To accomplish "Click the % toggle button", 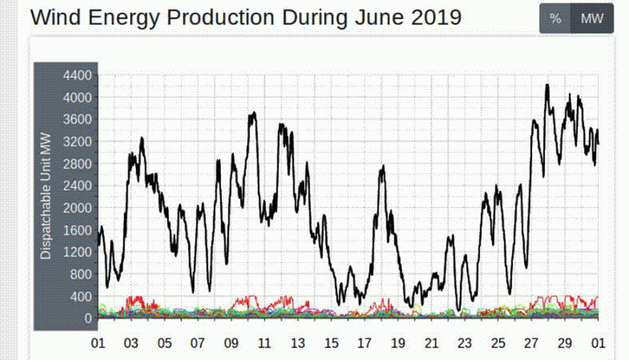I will click(x=555, y=19).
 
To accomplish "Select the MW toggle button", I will click(x=592, y=19).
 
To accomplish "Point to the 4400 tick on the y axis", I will click(x=77, y=75).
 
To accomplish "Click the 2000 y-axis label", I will click(x=77, y=208).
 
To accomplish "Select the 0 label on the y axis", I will click(x=87, y=318).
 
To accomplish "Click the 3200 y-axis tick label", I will click(x=77, y=142).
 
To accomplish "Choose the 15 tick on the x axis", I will click(x=331, y=343).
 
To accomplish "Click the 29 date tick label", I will click(x=565, y=343).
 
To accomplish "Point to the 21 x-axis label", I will click(x=431, y=343).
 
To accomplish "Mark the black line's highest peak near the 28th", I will click(x=547, y=85).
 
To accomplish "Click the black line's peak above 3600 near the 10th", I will click(x=253, y=113).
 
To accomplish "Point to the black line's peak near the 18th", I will click(x=382, y=167).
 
